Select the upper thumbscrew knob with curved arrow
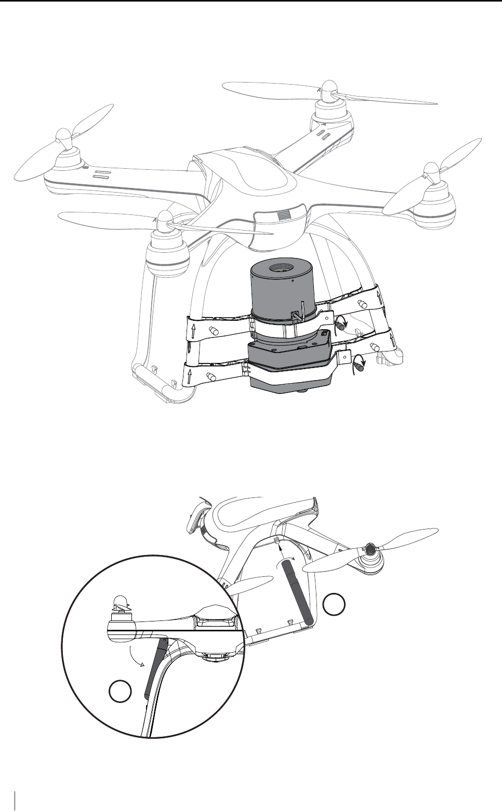click(x=341, y=326)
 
